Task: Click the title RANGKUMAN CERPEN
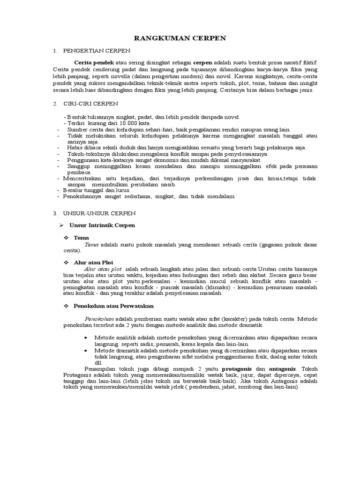pyautogui.click(x=180, y=39)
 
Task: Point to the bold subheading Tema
pyautogui.click(x=82, y=238)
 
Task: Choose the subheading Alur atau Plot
pyautogui.click(x=94, y=262)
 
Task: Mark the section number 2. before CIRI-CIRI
pyautogui.click(x=55, y=103)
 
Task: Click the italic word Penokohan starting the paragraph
pyautogui.click(x=97, y=318)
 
